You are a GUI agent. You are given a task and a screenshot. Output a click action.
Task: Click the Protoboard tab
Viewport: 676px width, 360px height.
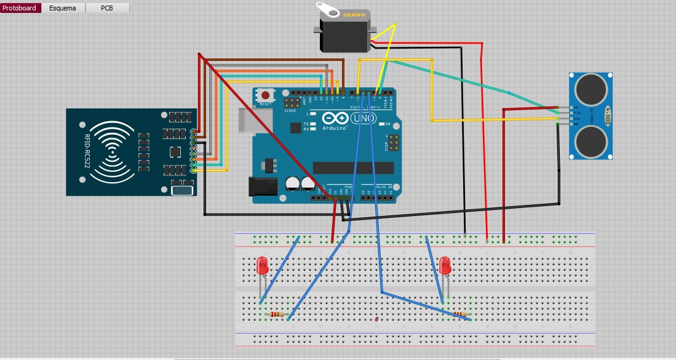(x=20, y=9)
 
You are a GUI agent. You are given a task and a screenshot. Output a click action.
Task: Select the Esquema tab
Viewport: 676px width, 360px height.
(x=63, y=9)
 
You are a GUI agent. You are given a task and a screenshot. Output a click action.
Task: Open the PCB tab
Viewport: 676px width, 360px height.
(x=107, y=9)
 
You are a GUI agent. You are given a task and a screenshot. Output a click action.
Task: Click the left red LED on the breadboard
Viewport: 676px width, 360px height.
(x=261, y=266)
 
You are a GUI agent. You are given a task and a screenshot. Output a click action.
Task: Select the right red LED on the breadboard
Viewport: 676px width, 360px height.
(x=446, y=266)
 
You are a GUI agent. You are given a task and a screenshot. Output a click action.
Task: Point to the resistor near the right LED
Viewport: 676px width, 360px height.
(x=459, y=314)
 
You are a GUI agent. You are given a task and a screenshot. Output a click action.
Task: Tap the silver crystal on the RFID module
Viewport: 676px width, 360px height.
(x=182, y=191)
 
